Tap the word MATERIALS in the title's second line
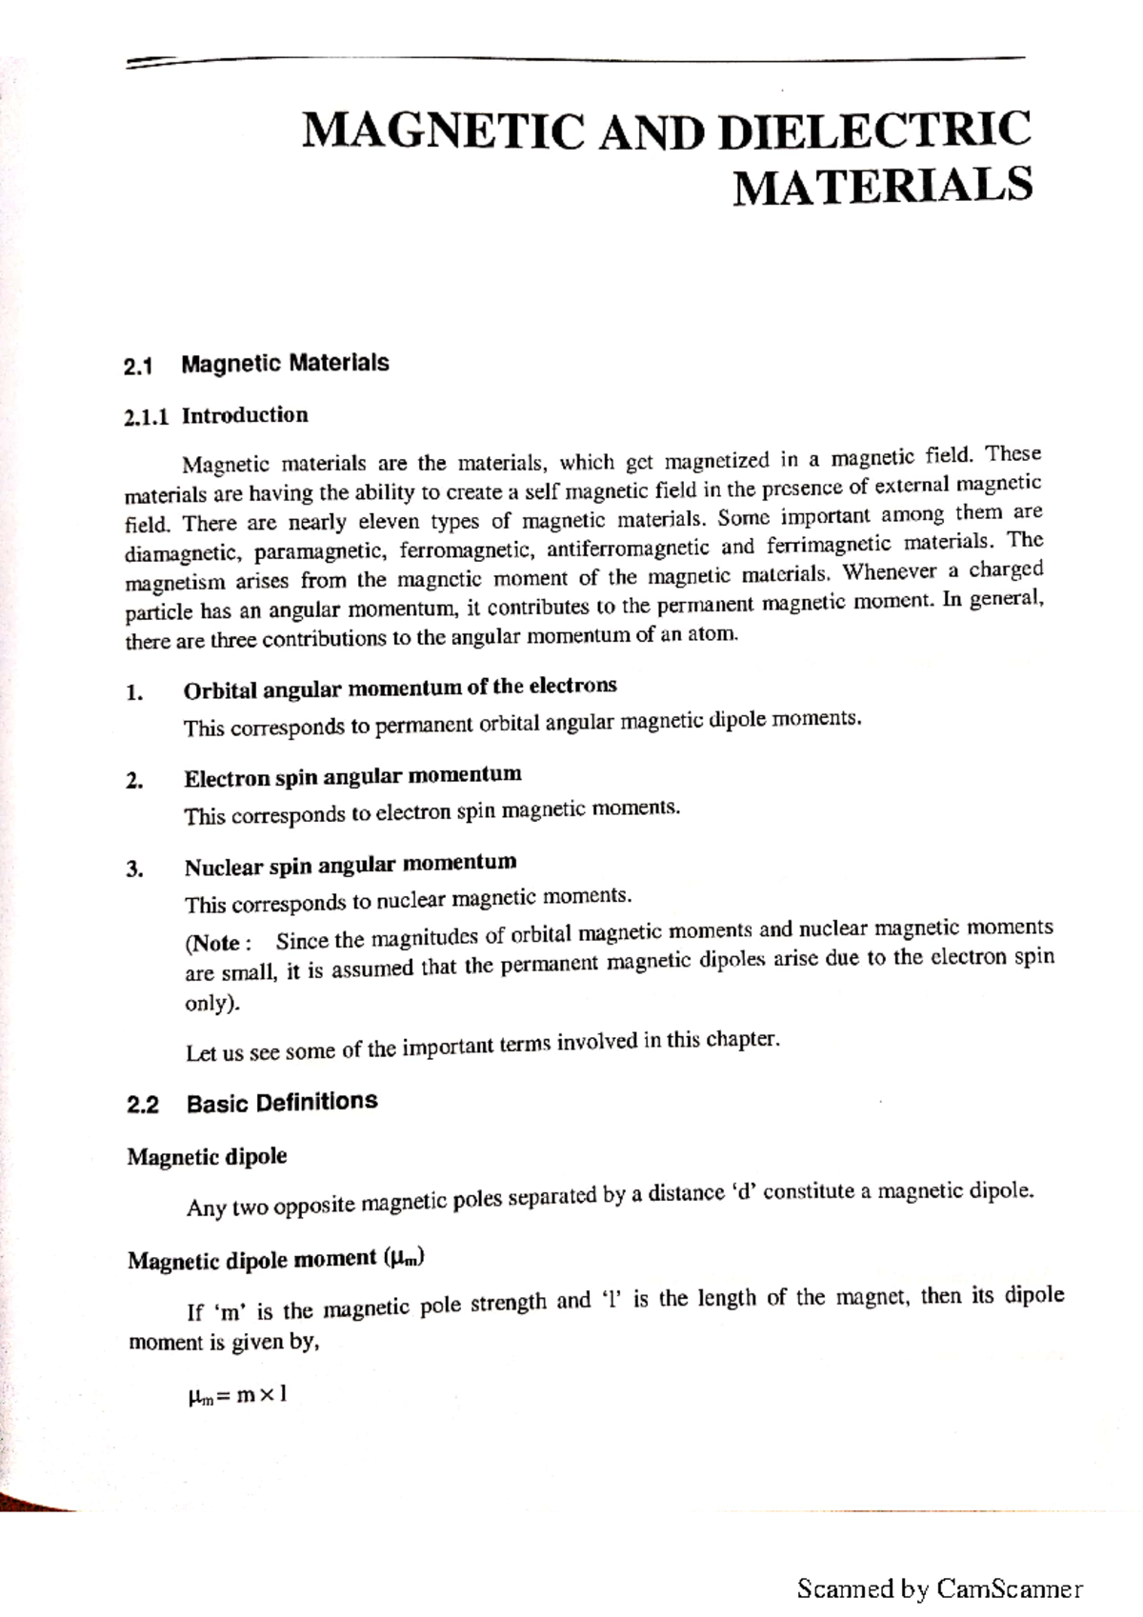coord(882,185)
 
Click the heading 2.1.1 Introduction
coord(216,416)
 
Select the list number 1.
coord(134,693)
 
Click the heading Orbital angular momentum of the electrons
coord(400,687)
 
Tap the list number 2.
coord(134,782)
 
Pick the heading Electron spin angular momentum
coord(352,775)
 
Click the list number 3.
coord(134,869)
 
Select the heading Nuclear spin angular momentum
coord(351,865)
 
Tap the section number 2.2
coord(143,1106)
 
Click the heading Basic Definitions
coord(282,1102)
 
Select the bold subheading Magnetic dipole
coord(207,1157)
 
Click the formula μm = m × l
coord(237,1396)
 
